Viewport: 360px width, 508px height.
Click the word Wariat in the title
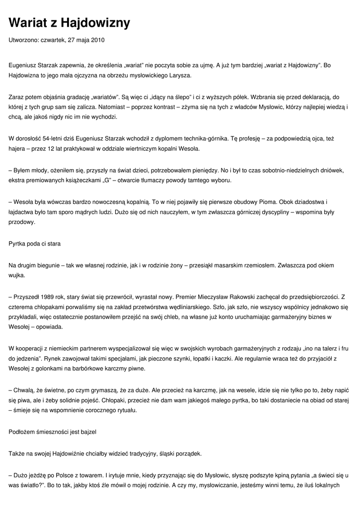tap(30, 23)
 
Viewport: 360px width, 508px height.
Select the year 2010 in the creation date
tap(98, 40)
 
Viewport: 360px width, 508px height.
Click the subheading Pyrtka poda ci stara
tap(35, 244)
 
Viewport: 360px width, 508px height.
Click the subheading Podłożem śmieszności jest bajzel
tap(52, 432)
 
